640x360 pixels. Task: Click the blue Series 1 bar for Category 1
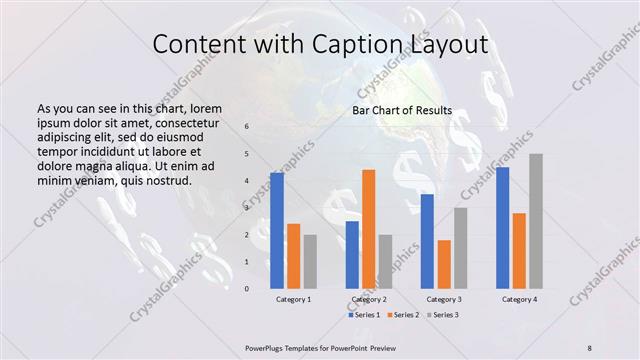coord(277,230)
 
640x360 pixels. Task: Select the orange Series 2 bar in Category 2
coord(369,229)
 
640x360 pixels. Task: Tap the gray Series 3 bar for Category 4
coord(536,221)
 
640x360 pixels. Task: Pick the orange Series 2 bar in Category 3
coord(444,264)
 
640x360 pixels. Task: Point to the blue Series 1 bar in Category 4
coord(502,227)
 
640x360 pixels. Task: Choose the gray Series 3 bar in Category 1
coord(310,261)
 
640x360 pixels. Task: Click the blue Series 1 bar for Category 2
coord(352,254)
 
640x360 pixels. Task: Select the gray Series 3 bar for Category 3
coord(460,247)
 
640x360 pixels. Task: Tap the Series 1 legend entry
coord(363,315)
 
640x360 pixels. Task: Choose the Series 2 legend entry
coord(403,315)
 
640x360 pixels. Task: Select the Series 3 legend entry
coord(443,315)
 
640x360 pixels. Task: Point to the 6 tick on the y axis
coord(247,127)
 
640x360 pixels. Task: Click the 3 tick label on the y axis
coord(247,208)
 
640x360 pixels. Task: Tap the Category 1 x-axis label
coord(293,299)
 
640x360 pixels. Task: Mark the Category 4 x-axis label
coord(519,299)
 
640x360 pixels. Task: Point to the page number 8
coord(590,347)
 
